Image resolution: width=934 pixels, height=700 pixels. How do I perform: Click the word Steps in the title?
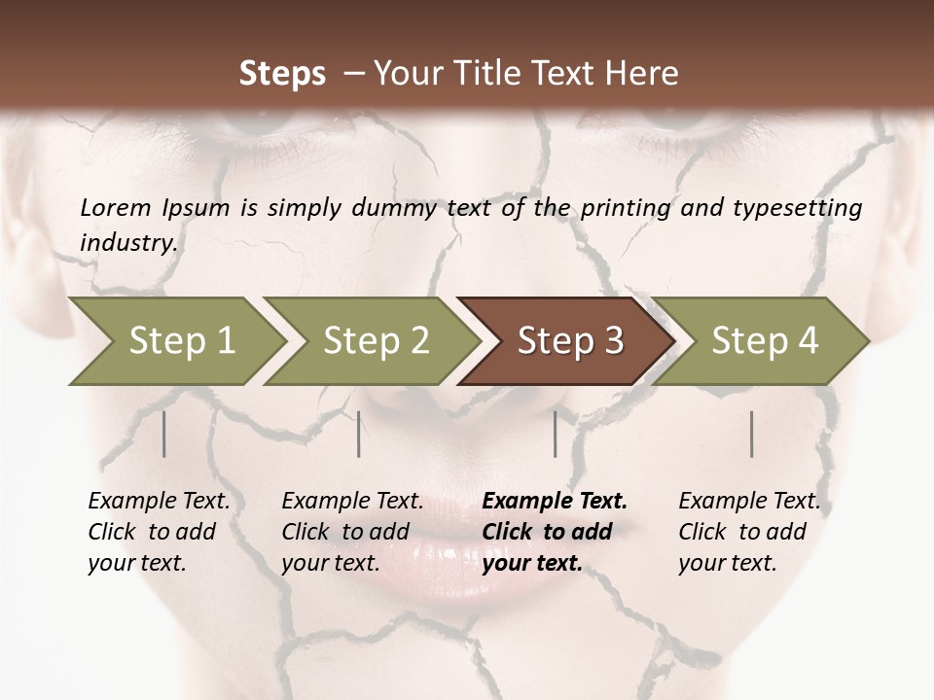282,74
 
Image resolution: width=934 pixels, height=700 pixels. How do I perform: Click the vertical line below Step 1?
164,434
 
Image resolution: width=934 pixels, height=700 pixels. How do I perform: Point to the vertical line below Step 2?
359,434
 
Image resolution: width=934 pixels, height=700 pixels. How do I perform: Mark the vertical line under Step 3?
556,434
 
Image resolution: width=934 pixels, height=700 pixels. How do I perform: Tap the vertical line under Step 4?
752,434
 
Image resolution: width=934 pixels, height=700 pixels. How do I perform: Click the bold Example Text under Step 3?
555,532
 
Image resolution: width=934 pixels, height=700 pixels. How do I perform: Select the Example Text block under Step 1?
159,532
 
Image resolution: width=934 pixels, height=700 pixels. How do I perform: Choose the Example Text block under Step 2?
352,532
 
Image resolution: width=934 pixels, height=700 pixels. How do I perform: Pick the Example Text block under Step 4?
749,532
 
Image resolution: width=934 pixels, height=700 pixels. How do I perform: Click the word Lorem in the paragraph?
115,208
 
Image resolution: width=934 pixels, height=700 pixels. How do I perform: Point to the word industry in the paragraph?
128,243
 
